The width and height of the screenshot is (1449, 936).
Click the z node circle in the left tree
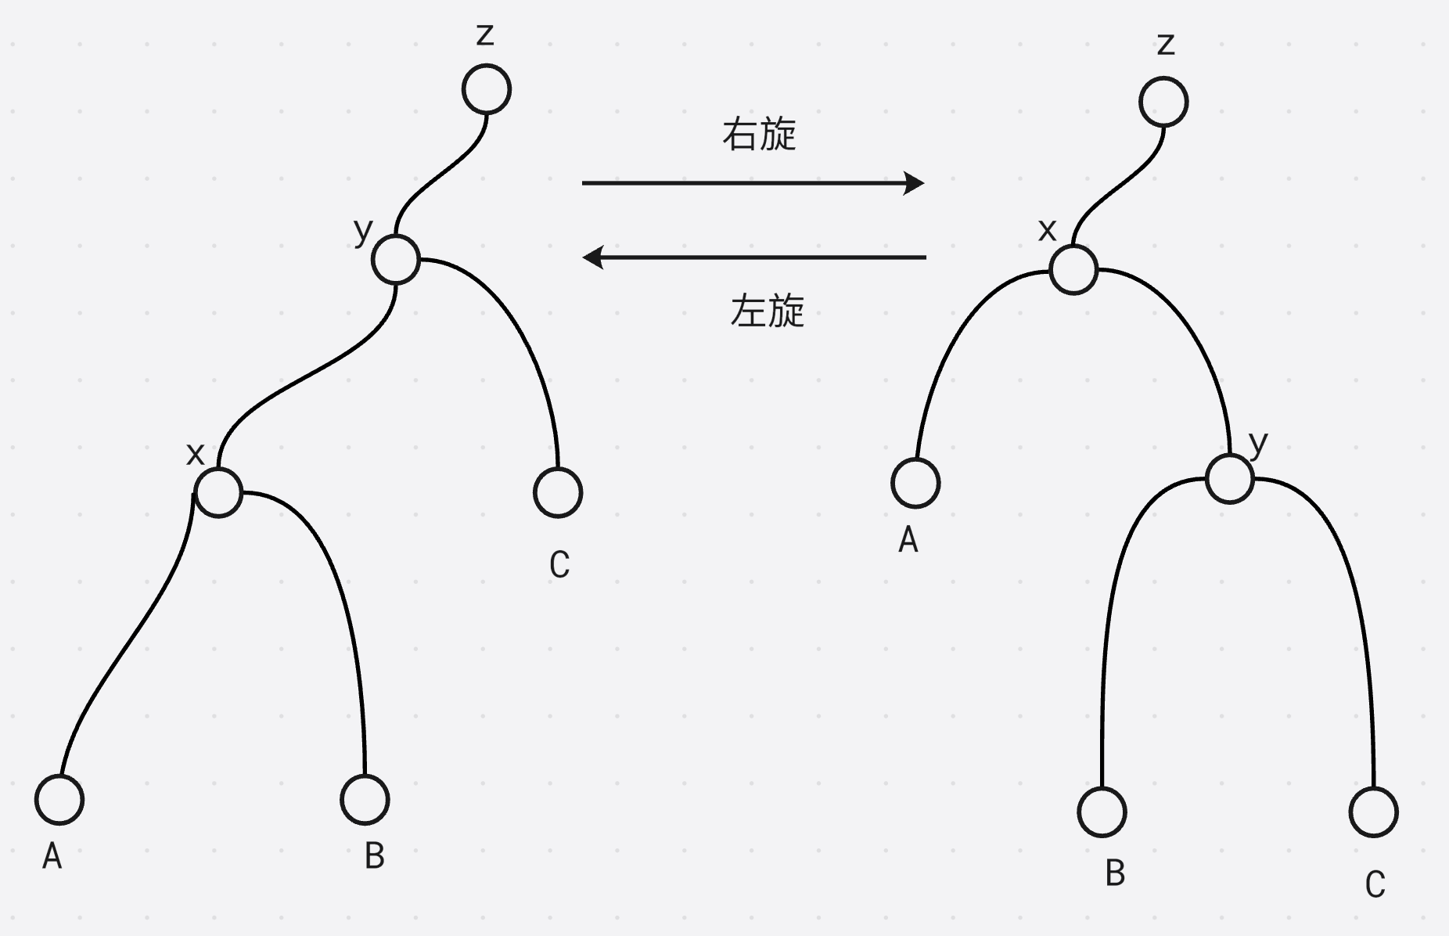pyautogui.click(x=487, y=89)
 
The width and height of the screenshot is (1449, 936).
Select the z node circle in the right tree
pyautogui.click(x=1164, y=102)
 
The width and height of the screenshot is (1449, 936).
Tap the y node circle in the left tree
pyautogui.click(x=396, y=260)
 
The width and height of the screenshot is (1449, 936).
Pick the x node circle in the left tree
pyautogui.click(x=218, y=493)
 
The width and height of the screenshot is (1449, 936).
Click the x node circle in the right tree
pyautogui.click(x=1073, y=270)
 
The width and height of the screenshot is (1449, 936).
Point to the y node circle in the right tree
pyautogui.click(x=1230, y=479)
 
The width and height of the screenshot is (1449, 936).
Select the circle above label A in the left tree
pyautogui.click(x=59, y=800)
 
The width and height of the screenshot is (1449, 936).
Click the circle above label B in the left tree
pyautogui.click(x=365, y=800)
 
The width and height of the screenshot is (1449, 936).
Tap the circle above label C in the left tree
pyautogui.click(x=558, y=493)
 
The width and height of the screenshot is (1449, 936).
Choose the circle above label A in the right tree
pyautogui.click(x=915, y=483)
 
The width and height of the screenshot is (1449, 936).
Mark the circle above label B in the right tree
pyautogui.click(x=1102, y=812)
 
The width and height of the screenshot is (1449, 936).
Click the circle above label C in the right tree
pyautogui.click(x=1374, y=812)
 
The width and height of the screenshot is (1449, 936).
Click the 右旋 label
pyautogui.click(x=759, y=135)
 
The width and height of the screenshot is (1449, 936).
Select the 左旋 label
pyautogui.click(x=767, y=311)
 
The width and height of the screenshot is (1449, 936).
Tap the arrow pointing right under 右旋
pyautogui.click(x=753, y=183)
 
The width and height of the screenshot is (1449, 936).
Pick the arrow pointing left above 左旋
pyautogui.click(x=754, y=257)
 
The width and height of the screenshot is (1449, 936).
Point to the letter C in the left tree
pyautogui.click(x=559, y=565)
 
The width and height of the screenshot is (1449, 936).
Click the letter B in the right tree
pyautogui.click(x=1115, y=873)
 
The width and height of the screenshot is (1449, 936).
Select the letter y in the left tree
pyautogui.click(x=363, y=231)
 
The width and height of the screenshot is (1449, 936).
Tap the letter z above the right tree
pyautogui.click(x=1166, y=44)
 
